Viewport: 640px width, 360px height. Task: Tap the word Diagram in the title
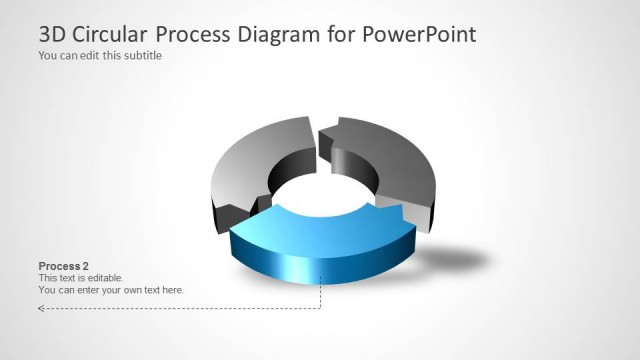coord(282,34)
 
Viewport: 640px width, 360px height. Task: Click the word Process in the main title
coord(196,34)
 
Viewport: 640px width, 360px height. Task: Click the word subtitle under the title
coord(141,56)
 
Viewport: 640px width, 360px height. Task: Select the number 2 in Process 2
coord(86,265)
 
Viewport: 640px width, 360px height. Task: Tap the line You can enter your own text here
coord(111,290)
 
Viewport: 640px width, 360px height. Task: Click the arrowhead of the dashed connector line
coord(41,308)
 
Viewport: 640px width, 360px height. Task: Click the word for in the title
coord(339,34)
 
